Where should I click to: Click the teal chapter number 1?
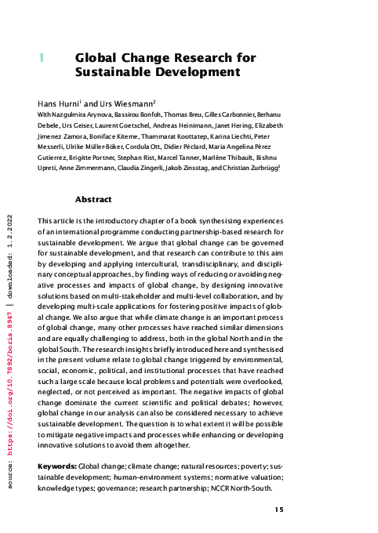coord(41,58)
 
